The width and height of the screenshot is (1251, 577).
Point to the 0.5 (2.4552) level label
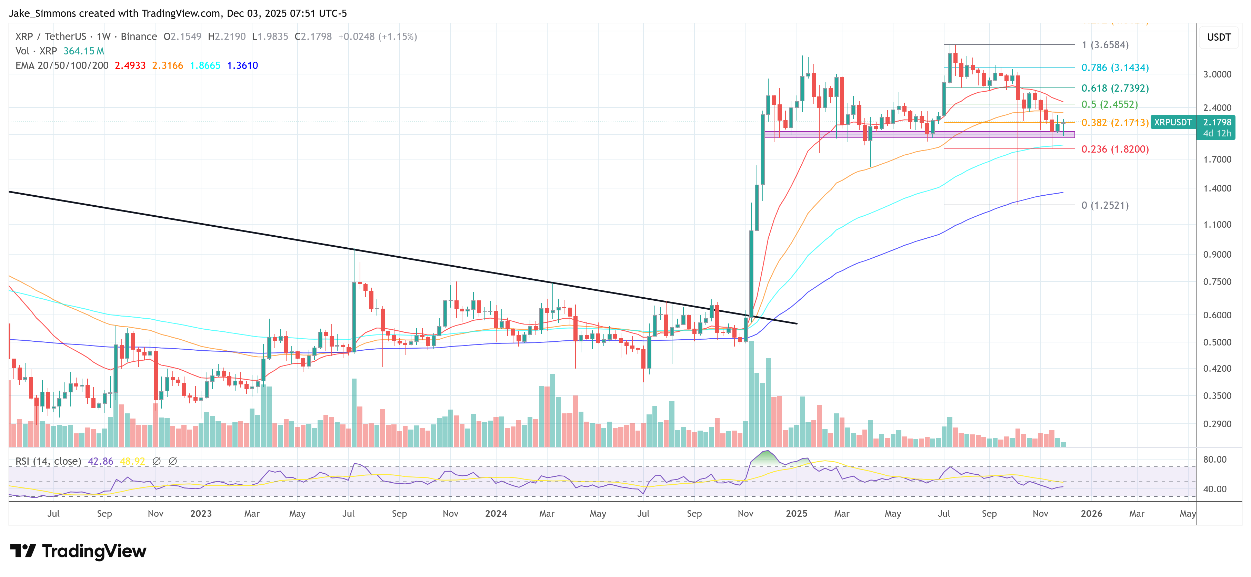(1109, 104)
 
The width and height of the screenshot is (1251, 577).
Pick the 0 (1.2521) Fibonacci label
(1104, 205)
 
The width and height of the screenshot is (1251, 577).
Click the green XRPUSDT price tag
(1172, 122)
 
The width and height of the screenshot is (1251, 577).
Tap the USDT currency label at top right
(1219, 37)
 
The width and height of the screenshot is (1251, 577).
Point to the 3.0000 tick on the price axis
(1217, 74)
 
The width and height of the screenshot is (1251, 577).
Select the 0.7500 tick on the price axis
(1217, 282)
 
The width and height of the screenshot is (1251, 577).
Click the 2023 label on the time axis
(201, 513)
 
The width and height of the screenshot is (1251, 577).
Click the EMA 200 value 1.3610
(242, 65)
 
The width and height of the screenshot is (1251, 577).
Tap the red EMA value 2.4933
(130, 65)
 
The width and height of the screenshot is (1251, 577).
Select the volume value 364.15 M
(83, 51)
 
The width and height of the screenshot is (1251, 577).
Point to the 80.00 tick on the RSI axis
(1214, 460)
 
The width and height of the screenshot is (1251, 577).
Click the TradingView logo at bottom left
(78, 551)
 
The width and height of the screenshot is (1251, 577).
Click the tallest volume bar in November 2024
(751, 393)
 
